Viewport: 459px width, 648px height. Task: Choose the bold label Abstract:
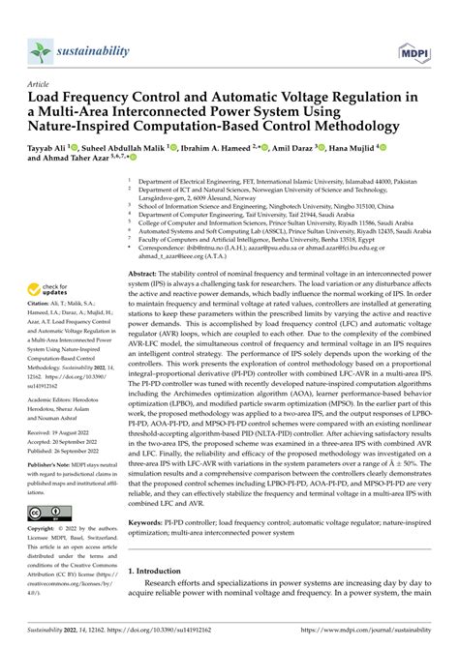coord(145,277)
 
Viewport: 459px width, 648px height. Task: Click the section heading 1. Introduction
coord(160,572)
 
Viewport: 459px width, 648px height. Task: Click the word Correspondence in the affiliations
coord(166,249)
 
